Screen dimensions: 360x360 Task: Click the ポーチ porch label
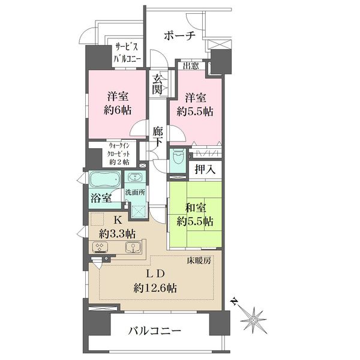tap(179, 36)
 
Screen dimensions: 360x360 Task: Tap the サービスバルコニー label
tap(127, 53)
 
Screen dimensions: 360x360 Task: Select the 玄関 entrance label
tap(157, 85)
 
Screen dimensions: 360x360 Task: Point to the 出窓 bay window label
tap(191, 67)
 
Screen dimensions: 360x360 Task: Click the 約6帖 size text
tap(118, 110)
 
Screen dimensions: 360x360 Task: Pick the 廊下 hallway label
tap(158, 137)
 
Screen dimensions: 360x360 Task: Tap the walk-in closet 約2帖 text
tap(119, 162)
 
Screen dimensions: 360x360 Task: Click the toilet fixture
tap(178, 156)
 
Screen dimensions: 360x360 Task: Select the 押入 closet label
tap(205, 170)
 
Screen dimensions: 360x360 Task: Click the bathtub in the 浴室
tap(105, 179)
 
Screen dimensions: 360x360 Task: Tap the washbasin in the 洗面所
tap(134, 177)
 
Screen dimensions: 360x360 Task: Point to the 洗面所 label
tap(135, 193)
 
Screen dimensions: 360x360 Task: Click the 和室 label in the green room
tap(196, 208)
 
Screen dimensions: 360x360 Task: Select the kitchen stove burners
tap(100, 247)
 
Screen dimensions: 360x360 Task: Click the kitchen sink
tap(133, 247)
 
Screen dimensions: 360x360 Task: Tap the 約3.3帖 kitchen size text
tap(117, 234)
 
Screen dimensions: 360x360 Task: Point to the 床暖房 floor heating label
tap(199, 261)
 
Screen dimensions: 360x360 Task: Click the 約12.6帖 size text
tap(155, 288)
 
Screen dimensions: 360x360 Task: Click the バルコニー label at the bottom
tap(155, 331)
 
